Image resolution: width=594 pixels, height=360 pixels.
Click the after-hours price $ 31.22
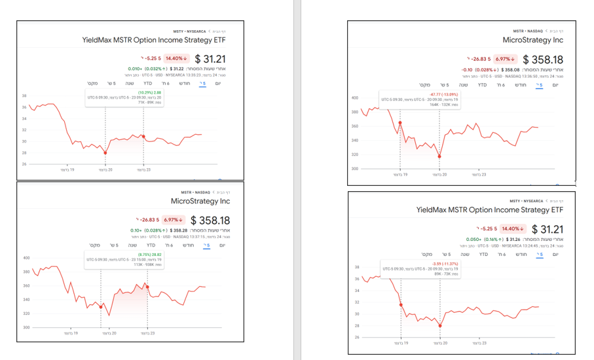179,69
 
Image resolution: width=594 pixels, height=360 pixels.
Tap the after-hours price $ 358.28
178,230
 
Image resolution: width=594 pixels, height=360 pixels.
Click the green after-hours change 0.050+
474,239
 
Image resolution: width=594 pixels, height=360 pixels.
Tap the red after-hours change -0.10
467,69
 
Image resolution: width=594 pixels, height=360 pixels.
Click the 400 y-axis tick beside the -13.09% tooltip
355,98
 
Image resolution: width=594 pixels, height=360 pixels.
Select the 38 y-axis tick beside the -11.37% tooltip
357,267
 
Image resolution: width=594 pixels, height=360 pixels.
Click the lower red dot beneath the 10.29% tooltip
105,153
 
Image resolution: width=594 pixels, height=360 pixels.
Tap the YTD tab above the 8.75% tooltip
147,245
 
